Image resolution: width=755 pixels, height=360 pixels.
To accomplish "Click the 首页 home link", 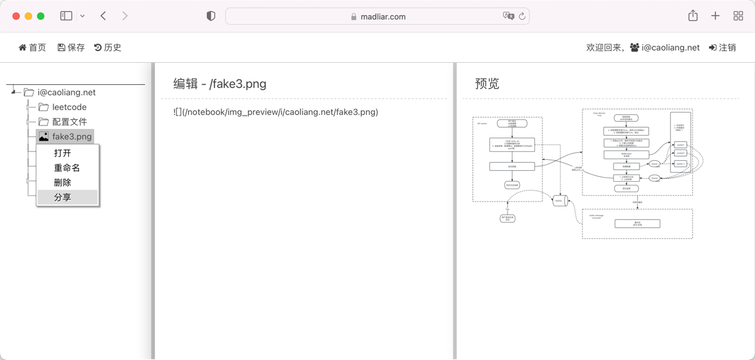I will [x=32, y=47].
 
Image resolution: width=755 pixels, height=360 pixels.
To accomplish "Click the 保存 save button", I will [x=71, y=47].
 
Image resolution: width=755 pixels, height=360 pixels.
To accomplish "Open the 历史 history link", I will [x=108, y=47].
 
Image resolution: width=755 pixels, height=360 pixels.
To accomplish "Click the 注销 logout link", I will [x=722, y=47].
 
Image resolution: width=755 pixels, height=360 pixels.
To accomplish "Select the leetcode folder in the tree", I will [x=69, y=107].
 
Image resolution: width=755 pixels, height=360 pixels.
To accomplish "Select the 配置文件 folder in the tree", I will [x=69, y=122].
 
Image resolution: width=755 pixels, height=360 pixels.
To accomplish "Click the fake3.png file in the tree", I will [x=71, y=136].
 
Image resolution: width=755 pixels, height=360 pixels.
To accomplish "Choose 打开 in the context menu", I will [x=63, y=153].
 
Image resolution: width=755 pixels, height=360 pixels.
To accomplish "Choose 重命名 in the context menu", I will [x=67, y=168].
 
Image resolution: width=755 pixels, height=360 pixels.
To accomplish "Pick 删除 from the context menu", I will [x=63, y=182].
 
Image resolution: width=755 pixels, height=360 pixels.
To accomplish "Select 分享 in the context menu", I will [x=63, y=197].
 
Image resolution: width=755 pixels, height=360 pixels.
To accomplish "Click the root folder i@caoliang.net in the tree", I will [x=66, y=92].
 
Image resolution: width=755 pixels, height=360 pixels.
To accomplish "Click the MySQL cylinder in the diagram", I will [x=560, y=200].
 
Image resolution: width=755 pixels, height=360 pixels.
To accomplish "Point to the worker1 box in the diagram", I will [x=680, y=145].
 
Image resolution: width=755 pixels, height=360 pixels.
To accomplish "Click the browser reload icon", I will [x=522, y=17].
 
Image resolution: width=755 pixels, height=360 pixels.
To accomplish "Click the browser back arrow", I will [x=103, y=16].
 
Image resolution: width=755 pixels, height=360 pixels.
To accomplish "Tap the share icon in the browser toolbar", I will [x=693, y=16].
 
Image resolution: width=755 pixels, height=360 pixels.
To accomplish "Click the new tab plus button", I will [x=715, y=16].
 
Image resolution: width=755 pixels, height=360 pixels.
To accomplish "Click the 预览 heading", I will [x=487, y=84].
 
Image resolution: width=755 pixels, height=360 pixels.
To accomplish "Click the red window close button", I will [x=16, y=16].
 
